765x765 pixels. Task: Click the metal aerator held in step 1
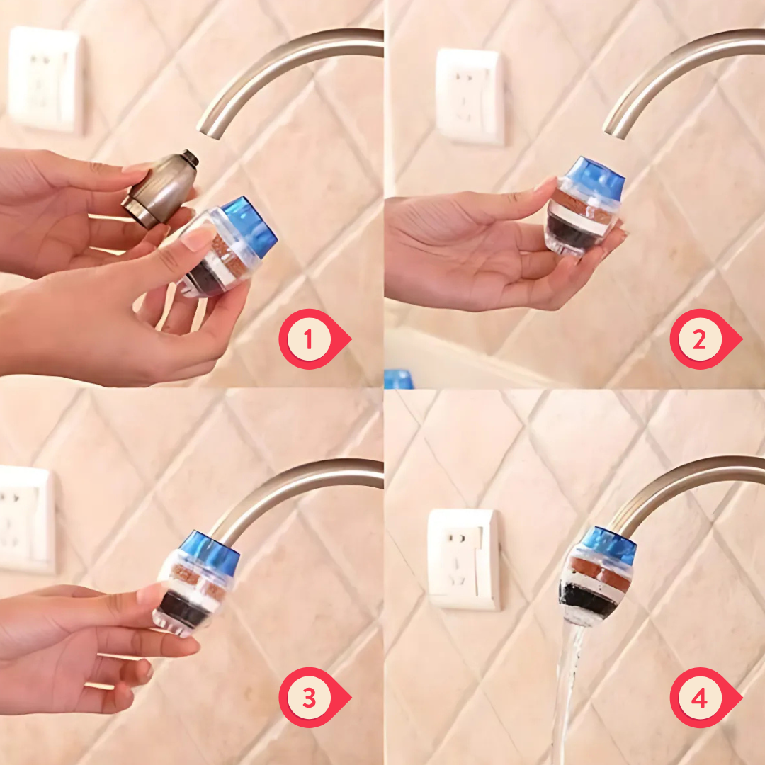(161, 189)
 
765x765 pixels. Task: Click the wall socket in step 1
(45, 80)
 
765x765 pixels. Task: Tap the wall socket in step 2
(470, 96)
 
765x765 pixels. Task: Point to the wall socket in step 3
(25, 519)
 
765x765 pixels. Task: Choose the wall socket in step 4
(463, 559)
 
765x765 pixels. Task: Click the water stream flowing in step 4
(567, 693)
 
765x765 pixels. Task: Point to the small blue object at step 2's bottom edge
(399, 379)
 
